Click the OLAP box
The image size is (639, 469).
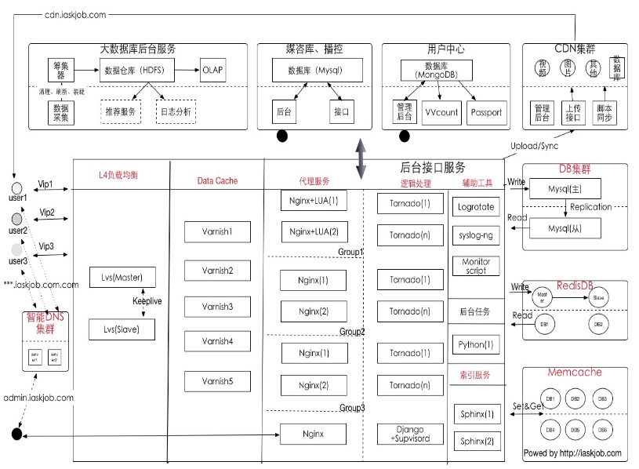click(x=213, y=70)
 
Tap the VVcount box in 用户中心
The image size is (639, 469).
click(x=441, y=112)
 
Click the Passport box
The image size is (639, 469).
click(x=486, y=112)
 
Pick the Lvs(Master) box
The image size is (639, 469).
click(x=122, y=278)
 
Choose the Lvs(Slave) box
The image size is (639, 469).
click(x=122, y=329)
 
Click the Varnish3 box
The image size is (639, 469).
click(x=216, y=306)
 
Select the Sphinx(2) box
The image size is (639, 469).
click(x=477, y=441)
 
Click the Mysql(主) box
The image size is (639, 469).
click(x=565, y=188)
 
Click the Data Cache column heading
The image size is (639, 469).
click(x=217, y=181)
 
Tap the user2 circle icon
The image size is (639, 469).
click(x=16, y=219)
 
